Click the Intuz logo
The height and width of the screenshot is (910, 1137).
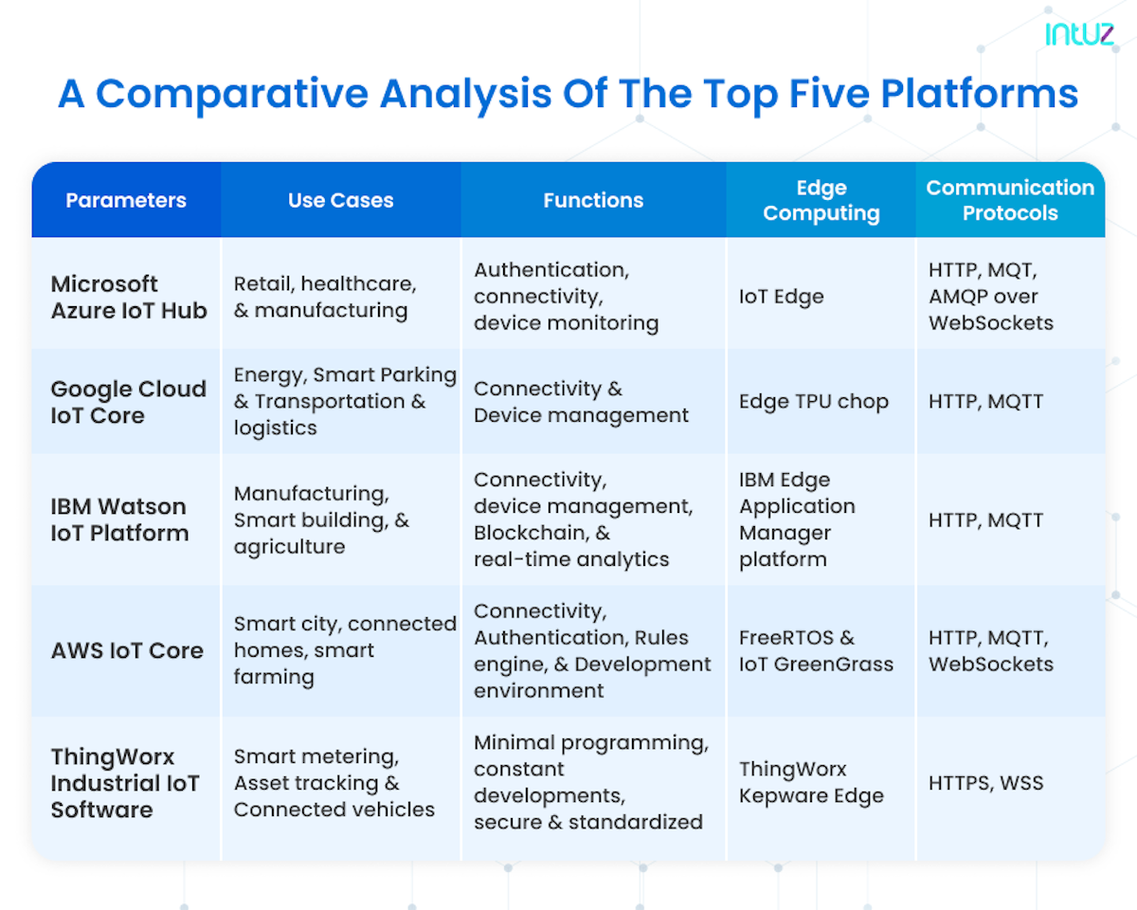(1079, 34)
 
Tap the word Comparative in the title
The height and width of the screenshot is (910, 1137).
(232, 94)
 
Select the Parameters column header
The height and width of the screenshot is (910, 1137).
(126, 200)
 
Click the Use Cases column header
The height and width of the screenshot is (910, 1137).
(341, 200)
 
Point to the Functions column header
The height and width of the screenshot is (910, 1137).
(593, 200)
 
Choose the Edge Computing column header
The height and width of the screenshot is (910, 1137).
(821, 200)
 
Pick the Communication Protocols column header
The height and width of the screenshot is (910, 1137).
(1010, 200)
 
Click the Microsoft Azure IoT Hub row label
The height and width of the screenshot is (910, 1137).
(129, 297)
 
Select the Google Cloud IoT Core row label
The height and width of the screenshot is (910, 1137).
(129, 402)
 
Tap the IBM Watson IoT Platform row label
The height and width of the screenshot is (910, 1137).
(119, 519)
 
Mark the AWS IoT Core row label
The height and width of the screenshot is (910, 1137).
(127, 650)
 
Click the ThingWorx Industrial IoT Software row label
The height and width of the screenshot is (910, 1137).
(125, 783)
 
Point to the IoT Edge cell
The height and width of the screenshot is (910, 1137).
(781, 297)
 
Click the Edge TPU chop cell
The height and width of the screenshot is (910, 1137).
(814, 402)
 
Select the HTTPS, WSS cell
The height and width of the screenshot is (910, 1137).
(986, 783)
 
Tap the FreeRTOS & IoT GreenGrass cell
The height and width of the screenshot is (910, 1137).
(816, 651)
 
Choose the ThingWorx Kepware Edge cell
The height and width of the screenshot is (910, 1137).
(811, 783)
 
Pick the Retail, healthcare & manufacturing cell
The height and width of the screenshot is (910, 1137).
(325, 297)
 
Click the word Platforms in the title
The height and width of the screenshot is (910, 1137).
(979, 94)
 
